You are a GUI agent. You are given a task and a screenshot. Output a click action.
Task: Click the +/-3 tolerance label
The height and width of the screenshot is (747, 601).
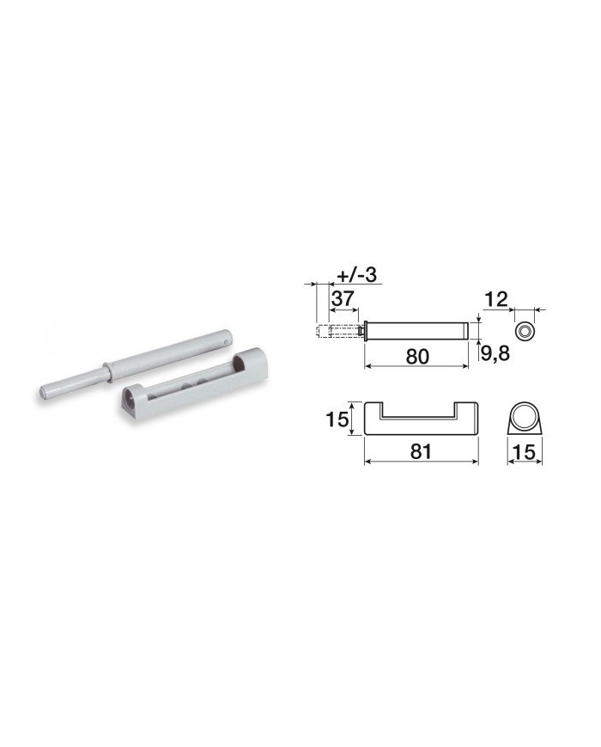[357, 275]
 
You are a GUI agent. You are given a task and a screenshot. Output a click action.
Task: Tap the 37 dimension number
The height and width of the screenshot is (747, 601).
[343, 298]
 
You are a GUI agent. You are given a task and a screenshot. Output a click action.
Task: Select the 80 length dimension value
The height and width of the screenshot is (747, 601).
[417, 357]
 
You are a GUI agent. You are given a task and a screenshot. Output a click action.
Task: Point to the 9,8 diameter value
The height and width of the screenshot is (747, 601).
[495, 353]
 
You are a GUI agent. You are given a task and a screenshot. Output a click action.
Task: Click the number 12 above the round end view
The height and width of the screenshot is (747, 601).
[496, 300]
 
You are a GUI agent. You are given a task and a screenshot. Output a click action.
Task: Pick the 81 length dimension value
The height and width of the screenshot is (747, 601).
[421, 451]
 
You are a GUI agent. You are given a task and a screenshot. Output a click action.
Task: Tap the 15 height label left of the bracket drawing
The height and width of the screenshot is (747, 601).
[337, 419]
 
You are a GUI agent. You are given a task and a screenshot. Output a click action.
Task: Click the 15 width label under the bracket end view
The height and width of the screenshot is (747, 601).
[525, 451]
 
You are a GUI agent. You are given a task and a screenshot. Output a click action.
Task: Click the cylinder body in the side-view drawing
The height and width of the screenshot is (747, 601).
[416, 331]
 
